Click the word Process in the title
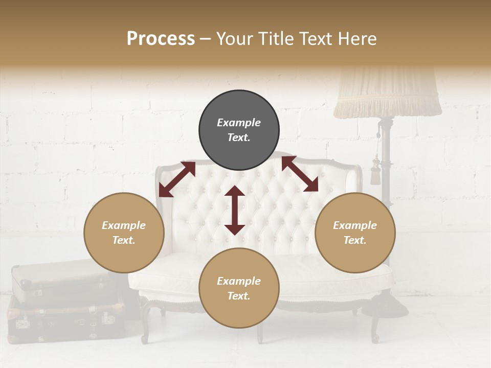161,39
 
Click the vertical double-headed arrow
235,210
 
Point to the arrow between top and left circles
177,179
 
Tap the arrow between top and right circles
300,174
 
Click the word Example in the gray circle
239,123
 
